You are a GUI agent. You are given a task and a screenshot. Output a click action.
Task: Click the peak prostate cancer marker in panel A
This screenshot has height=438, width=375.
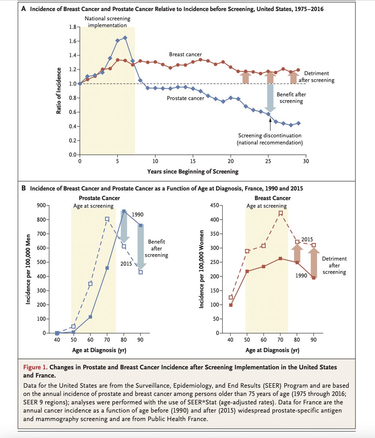tap(125, 38)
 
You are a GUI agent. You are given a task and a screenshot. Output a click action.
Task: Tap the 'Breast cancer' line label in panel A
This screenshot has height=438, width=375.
tap(185, 54)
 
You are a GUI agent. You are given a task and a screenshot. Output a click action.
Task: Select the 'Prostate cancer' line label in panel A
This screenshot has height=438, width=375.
tap(185, 98)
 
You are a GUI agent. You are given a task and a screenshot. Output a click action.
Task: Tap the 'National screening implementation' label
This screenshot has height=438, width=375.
tap(107, 22)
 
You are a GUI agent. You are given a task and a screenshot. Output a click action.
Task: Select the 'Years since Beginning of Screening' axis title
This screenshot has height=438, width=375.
tap(193, 171)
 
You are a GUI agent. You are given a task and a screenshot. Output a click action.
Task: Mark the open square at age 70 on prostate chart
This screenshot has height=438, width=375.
tap(107, 219)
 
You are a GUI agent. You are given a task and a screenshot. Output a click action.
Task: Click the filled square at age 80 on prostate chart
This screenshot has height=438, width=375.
tap(124, 211)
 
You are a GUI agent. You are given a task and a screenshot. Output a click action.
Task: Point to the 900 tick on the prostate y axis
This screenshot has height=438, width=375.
tap(41, 205)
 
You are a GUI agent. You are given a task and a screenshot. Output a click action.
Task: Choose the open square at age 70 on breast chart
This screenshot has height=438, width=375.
tap(281, 213)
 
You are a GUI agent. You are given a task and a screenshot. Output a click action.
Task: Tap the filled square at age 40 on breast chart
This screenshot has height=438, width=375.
tap(231, 305)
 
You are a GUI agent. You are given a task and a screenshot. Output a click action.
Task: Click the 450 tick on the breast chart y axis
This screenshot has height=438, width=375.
tap(213, 205)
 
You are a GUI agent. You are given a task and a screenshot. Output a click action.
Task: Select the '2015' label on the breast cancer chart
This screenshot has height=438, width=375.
tap(307, 239)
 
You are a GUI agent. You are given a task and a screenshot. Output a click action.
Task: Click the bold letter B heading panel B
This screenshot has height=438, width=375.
tap(23, 189)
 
